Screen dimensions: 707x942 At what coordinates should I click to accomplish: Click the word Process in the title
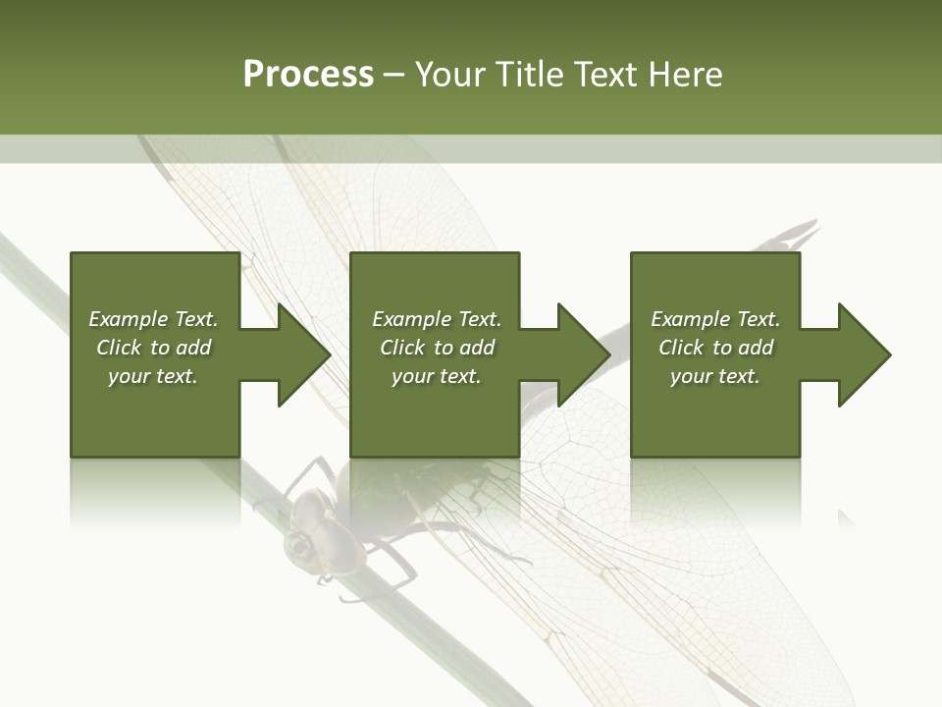[x=308, y=75]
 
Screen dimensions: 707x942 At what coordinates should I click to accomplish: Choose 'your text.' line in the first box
[x=153, y=376]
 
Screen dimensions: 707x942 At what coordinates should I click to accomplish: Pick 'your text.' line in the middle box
[x=437, y=376]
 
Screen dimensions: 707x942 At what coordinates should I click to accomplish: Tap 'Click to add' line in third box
[x=715, y=348]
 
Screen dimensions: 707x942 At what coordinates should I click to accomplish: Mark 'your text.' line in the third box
[x=715, y=376]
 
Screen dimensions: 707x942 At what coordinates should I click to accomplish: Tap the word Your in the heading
[x=447, y=75]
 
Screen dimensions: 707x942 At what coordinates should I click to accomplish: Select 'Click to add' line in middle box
[x=437, y=348]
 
